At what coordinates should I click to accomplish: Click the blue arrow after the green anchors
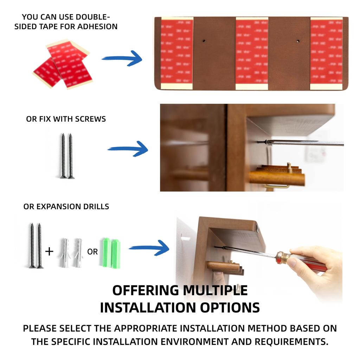coord(149,248)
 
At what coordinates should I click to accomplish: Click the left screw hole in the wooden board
coord(204,41)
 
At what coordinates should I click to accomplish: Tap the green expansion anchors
coord(111,253)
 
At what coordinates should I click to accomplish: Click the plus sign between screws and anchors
coord(50,252)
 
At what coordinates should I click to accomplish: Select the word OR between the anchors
coord(92,252)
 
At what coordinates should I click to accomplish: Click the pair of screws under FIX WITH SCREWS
coord(67,156)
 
